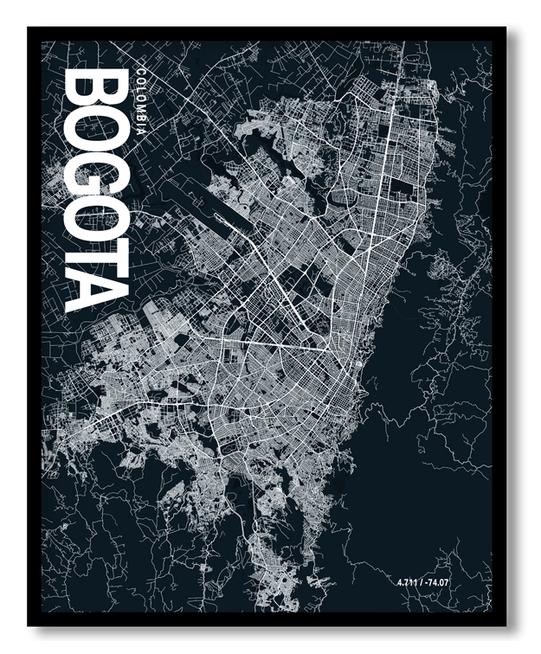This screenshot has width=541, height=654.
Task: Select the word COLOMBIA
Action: (141, 99)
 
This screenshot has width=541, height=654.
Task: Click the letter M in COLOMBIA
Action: (141, 102)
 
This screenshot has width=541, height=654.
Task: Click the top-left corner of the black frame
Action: (29, 29)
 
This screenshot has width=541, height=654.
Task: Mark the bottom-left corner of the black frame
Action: (29, 625)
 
